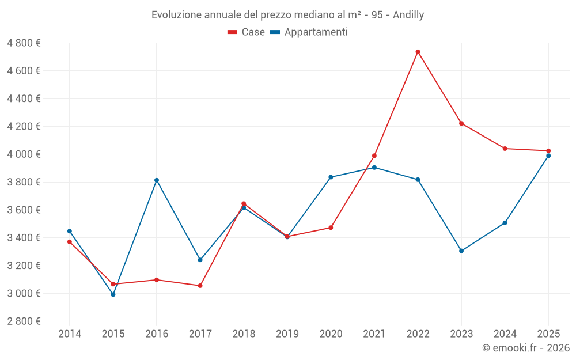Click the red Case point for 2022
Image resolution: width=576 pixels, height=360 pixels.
pyautogui.click(x=418, y=52)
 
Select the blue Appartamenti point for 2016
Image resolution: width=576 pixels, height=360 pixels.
pyautogui.click(x=157, y=180)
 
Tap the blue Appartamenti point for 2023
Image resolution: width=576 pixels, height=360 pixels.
pyautogui.click(x=461, y=251)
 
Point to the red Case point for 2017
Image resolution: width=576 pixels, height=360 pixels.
pyautogui.click(x=200, y=286)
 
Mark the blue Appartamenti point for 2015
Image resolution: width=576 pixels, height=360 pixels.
pyautogui.click(x=113, y=294)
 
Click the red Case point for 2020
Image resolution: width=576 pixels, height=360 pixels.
pyautogui.click(x=331, y=228)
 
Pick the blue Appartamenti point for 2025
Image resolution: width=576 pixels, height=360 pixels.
pyautogui.click(x=548, y=156)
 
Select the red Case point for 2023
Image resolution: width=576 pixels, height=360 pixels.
pyautogui.click(x=461, y=123)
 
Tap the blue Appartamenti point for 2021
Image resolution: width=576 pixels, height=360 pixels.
pyautogui.click(x=374, y=168)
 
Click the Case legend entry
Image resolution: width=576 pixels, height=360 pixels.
pyautogui.click(x=247, y=32)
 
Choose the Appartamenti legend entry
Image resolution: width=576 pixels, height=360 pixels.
pyautogui.click(x=309, y=32)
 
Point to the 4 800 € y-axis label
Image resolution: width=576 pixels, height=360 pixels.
pyautogui.click(x=24, y=43)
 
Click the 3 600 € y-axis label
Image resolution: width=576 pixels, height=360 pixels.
pyautogui.click(x=24, y=210)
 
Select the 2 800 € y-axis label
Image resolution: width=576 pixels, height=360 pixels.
pyautogui.click(x=24, y=321)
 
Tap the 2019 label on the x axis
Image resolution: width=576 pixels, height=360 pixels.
pyautogui.click(x=287, y=334)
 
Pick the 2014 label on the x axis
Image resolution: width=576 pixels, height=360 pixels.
pyautogui.click(x=70, y=334)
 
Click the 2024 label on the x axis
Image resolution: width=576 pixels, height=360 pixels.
pyautogui.click(x=505, y=334)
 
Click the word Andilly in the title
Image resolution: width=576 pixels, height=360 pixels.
pyautogui.click(x=408, y=15)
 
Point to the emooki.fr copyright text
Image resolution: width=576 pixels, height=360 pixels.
pyautogui.click(x=525, y=348)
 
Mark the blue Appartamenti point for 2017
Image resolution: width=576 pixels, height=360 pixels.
pyautogui.click(x=200, y=260)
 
